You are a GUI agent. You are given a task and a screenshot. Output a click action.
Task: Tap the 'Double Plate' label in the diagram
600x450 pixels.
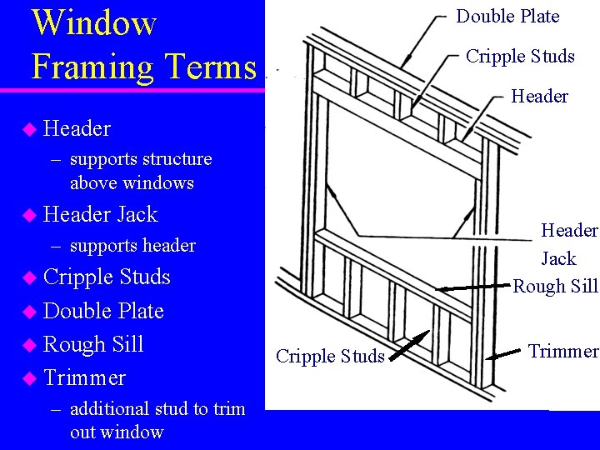[507, 17]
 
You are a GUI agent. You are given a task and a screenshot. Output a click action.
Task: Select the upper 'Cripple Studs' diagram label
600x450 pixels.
[520, 57]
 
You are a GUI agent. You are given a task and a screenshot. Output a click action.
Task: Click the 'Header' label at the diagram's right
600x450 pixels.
[539, 97]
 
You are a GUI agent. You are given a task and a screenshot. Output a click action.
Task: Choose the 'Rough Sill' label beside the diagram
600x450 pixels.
[555, 287]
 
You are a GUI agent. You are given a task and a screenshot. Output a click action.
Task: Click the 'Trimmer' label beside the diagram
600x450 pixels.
[563, 352]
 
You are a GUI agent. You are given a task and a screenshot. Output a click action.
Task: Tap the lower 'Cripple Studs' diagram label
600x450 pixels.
[330, 357]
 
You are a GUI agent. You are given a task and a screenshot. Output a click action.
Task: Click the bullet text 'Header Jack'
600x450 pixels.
[100, 215]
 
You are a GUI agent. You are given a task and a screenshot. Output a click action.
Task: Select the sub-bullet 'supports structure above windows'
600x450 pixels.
[140, 171]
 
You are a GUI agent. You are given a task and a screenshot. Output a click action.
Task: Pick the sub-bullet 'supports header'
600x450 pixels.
[132, 246]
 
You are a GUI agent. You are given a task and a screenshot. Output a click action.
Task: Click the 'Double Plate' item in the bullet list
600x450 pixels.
[103, 311]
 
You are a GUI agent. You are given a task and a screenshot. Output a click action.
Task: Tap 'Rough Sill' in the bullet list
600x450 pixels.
[93, 344]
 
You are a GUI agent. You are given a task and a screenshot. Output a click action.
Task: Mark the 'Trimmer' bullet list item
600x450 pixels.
[84, 377]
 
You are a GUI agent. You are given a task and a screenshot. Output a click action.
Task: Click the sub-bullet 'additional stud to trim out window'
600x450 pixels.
[157, 420]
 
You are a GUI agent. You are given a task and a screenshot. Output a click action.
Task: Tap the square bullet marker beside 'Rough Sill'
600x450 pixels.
[30, 345]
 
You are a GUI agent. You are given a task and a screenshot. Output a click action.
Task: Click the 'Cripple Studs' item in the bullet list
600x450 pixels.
[107, 277]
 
